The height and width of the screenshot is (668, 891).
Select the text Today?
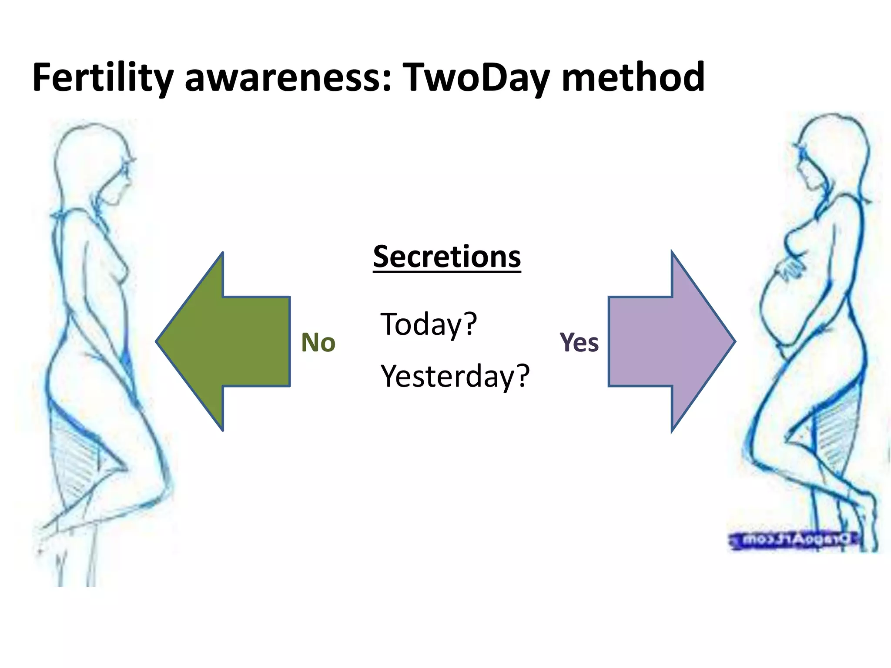click(x=429, y=324)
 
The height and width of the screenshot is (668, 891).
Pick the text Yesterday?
click(x=455, y=376)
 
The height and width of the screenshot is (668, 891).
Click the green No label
click(x=318, y=342)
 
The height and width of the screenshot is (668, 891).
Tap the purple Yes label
click(x=579, y=342)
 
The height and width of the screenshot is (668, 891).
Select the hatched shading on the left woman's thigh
click(x=76, y=457)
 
